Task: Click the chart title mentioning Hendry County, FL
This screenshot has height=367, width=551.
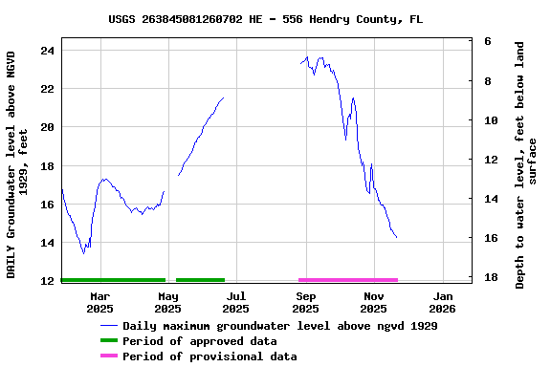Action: pos(265,19)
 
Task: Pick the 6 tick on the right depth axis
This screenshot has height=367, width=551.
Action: pos(488,42)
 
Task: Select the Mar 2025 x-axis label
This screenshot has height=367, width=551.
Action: pos(99,302)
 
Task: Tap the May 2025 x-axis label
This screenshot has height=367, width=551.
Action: pos(167,302)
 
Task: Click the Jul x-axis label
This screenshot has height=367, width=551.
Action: pos(236,296)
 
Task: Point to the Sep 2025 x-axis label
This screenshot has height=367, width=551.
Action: pos(305,302)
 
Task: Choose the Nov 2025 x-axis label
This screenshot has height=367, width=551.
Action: pos(373,302)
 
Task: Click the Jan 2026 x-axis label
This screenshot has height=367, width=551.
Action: pos(442,302)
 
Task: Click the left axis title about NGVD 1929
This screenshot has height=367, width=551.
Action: pos(17,164)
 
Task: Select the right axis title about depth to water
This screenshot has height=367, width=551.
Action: pos(526,164)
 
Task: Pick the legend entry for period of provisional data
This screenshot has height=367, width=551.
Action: pos(209,356)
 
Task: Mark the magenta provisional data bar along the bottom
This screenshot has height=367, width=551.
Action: pos(347,280)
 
